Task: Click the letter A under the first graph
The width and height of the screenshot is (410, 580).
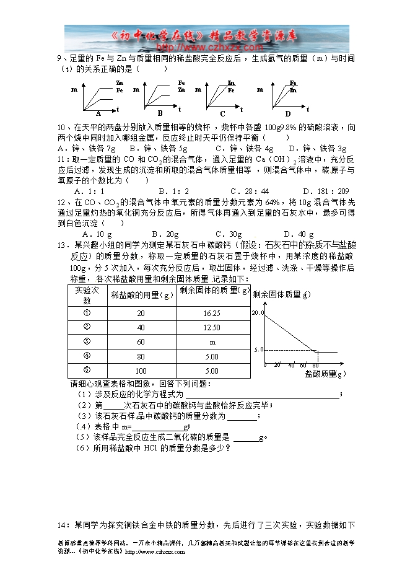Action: [98, 113]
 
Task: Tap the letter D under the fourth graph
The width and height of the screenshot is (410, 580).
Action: [288, 113]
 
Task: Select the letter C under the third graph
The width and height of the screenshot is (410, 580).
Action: [223, 113]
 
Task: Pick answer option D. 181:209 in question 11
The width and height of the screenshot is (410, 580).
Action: [326, 191]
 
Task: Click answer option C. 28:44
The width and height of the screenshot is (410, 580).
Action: [250, 191]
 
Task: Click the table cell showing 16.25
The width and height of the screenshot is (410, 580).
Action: [211, 314]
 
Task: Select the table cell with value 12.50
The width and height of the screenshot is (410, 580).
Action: [211, 328]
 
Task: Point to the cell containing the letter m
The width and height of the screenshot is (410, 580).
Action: [212, 342]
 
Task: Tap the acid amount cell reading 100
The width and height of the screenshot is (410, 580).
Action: [141, 371]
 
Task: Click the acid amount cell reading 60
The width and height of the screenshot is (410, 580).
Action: [141, 342]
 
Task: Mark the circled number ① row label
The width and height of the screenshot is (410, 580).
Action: [87, 313]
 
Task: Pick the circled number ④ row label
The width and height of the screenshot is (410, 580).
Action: [87, 356]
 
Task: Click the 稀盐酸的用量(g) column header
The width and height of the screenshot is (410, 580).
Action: [141, 295]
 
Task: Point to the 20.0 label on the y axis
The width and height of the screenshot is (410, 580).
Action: [258, 314]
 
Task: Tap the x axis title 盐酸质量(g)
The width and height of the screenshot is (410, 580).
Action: [325, 374]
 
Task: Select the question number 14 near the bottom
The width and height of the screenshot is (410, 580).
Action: [61, 525]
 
